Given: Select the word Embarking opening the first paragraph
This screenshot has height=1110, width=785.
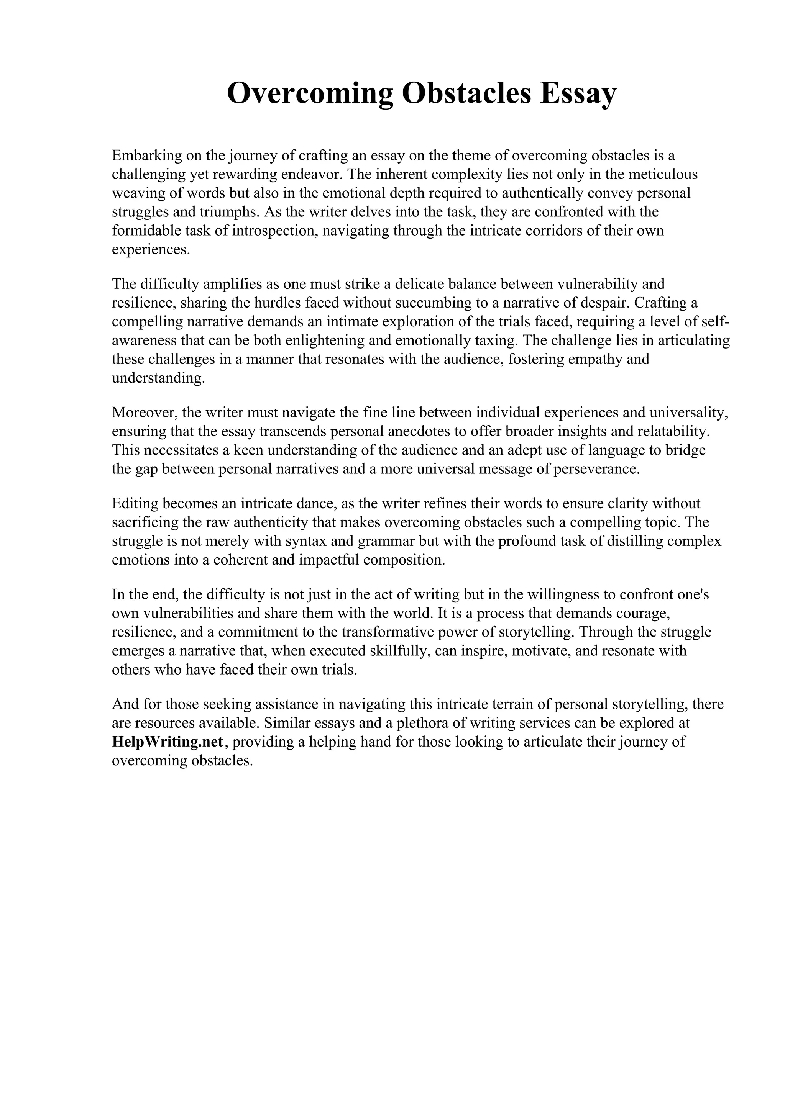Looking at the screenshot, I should [141, 156].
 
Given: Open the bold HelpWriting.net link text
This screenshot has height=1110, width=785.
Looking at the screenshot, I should [168, 742].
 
